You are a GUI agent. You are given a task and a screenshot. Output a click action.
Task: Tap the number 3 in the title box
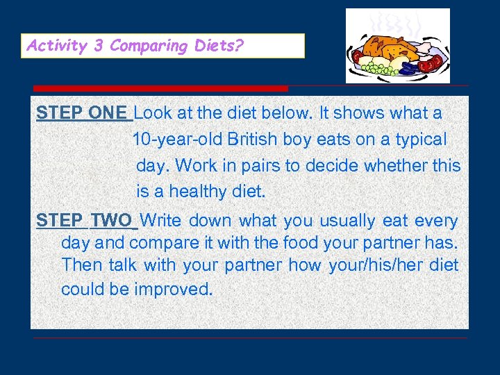pos(99,47)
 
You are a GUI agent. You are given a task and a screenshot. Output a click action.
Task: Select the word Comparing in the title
pos(149,47)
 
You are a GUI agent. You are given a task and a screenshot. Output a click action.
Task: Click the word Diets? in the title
pos(221,47)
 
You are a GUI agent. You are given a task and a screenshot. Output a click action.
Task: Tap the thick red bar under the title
pos(160,89)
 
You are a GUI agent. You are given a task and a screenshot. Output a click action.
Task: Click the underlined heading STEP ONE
pos(82,112)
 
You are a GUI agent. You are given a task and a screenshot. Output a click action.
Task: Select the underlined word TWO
pos(111,222)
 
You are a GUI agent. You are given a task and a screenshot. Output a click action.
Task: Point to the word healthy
pos(199,192)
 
